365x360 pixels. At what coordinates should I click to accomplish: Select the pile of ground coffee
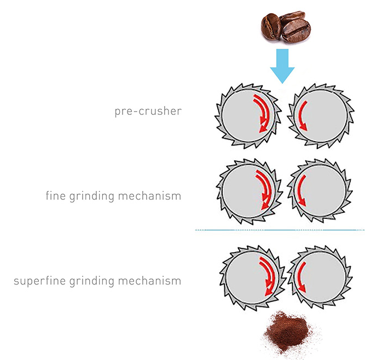pyautogui.click(x=287, y=332)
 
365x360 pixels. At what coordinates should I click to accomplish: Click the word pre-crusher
pyautogui.click(x=148, y=112)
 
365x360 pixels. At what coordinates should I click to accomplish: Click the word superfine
pyautogui.click(x=38, y=282)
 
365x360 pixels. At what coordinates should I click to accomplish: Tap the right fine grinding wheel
pyautogui.click(x=318, y=191)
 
